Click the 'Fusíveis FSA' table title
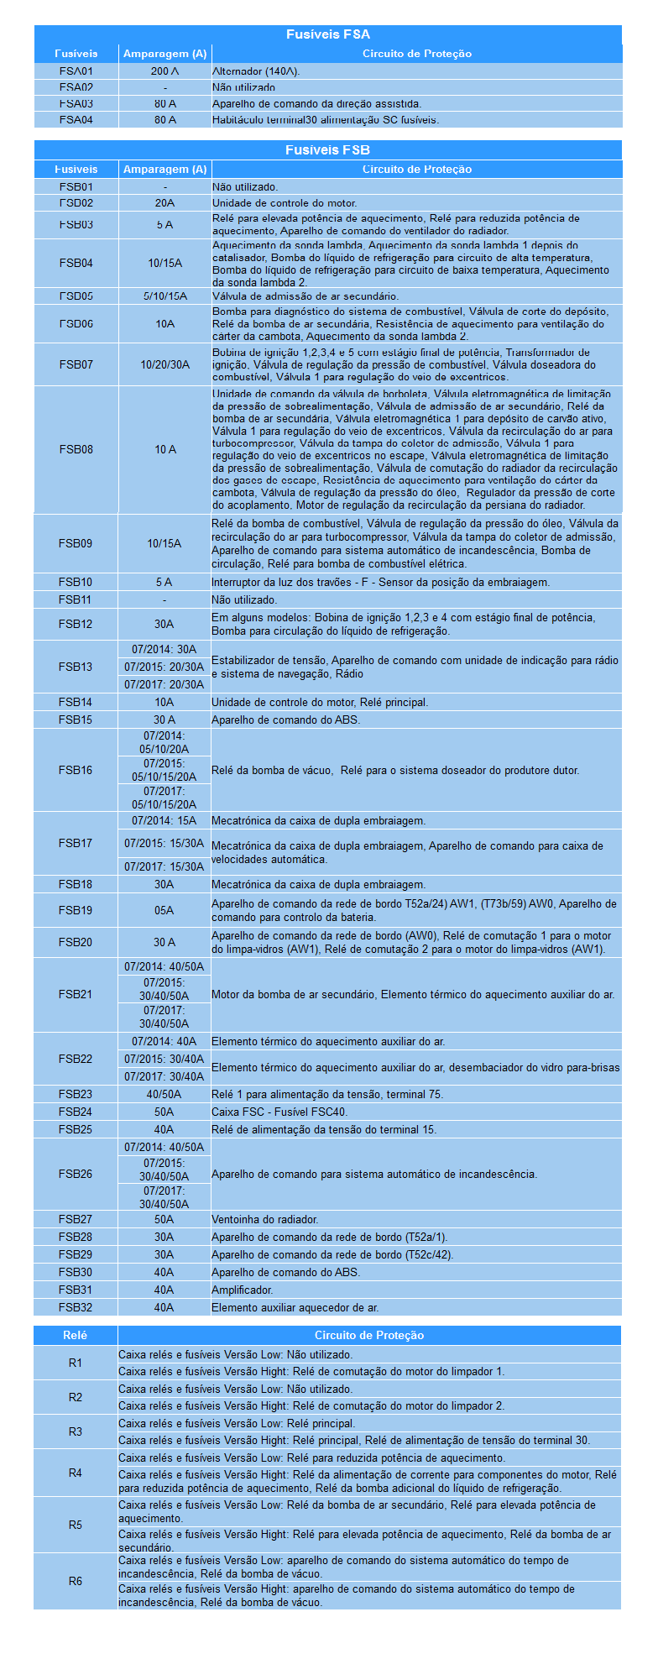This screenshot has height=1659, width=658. [327, 34]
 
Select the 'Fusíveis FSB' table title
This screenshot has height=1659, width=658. [327, 150]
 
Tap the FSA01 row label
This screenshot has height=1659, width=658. [76, 71]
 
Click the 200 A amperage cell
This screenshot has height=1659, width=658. [164, 71]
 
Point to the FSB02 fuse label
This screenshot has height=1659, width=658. [76, 203]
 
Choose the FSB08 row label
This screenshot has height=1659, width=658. [76, 449]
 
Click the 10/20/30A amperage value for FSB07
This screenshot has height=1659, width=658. [164, 364]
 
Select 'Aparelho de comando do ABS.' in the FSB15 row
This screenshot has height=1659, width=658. [286, 720]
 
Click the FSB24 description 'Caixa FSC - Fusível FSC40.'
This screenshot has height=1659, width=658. [279, 1112]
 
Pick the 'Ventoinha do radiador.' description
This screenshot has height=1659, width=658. [265, 1219]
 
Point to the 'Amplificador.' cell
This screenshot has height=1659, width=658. [243, 1290]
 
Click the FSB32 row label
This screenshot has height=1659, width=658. [76, 1307]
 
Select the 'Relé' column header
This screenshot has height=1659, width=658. [76, 1335]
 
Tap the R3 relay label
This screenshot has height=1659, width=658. [76, 1431]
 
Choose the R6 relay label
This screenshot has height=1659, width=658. [76, 1581]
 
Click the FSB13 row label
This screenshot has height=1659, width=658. [76, 667]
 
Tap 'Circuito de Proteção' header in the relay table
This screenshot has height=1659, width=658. [369, 1335]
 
